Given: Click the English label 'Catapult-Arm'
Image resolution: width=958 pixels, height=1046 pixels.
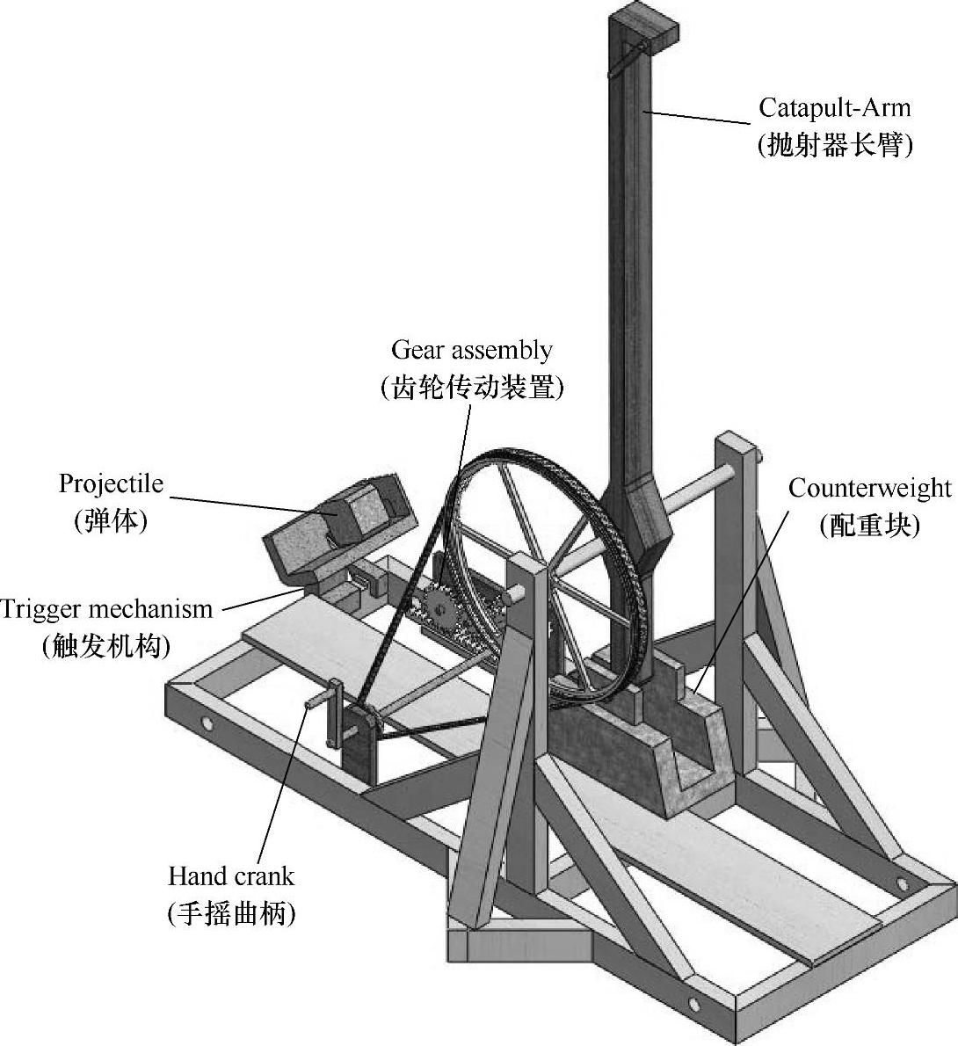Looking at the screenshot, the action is click(x=835, y=108).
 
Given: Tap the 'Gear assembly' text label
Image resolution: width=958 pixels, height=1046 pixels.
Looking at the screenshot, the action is click(x=472, y=350).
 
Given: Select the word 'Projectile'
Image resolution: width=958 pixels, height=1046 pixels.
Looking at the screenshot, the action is click(x=111, y=483).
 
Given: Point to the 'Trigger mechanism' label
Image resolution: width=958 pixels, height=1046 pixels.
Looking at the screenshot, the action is click(x=106, y=608).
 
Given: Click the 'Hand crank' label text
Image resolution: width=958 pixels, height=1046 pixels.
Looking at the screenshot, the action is click(x=231, y=875).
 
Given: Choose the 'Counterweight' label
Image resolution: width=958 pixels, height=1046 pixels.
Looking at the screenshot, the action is click(x=869, y=488).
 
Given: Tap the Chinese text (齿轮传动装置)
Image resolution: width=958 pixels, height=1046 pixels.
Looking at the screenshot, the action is click(x=472, y=388).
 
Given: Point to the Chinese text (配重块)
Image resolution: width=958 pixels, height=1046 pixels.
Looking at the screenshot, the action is click(x=868, y=526).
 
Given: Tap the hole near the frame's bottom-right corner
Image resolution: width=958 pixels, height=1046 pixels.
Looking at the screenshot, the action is click(x=694, y=1003).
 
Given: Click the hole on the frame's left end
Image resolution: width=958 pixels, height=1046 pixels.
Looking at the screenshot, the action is click(x=207, y=724).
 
